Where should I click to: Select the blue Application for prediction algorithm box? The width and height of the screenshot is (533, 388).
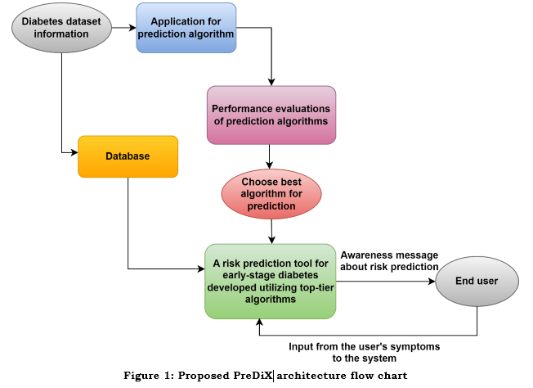186,28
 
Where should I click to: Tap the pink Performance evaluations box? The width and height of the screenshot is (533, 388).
271,115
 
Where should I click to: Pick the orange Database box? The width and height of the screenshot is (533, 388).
128,156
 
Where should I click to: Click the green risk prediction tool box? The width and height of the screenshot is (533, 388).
271,281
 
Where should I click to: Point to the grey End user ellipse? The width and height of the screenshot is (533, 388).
477,282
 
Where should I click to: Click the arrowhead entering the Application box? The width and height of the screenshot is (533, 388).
132,28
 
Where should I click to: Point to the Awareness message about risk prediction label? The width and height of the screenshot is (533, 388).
389,260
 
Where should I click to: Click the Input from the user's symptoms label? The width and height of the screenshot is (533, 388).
365,352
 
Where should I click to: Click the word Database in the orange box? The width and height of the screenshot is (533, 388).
128,156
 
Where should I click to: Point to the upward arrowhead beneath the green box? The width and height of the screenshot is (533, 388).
259,323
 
